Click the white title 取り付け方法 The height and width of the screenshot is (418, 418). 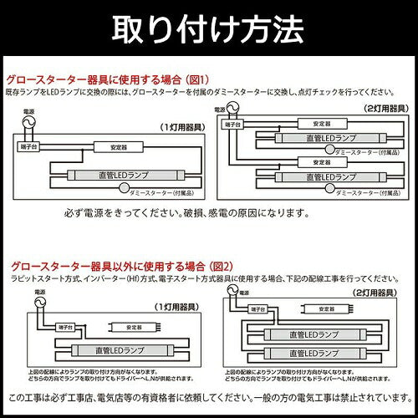coord(208,28)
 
